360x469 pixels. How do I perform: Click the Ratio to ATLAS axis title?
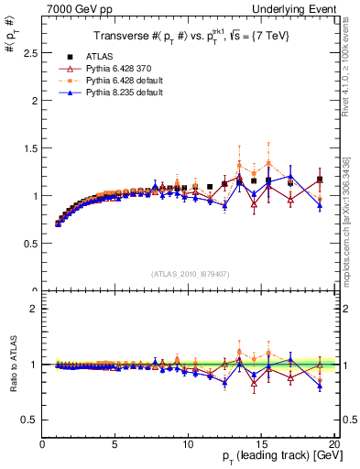pyautogui.click(x=12, y=364)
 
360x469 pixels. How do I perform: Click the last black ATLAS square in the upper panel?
pyautogui.click(x=320, y=180)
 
